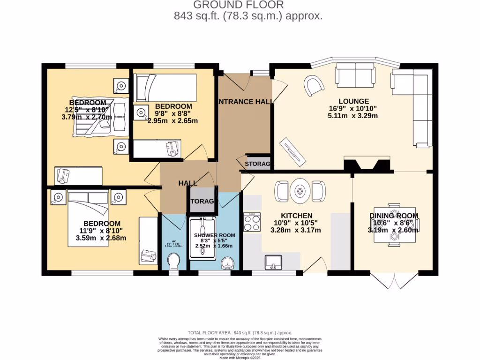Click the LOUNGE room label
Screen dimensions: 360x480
(354, 101)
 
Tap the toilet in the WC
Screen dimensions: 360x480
(174, 260)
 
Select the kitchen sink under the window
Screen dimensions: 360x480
(273, 262)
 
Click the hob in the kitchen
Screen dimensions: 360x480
(252, 222)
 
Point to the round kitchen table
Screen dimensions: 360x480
(300, 190)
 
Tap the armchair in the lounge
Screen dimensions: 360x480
(314, 85)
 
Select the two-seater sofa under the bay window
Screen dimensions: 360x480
(355, 75)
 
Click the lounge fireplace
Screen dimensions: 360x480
(367, 165)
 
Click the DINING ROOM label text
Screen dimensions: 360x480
(394, 216)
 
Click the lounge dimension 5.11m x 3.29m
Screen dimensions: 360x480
(354, 116)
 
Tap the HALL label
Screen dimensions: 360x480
(187, 183)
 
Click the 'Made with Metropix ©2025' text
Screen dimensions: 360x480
(240, 358)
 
